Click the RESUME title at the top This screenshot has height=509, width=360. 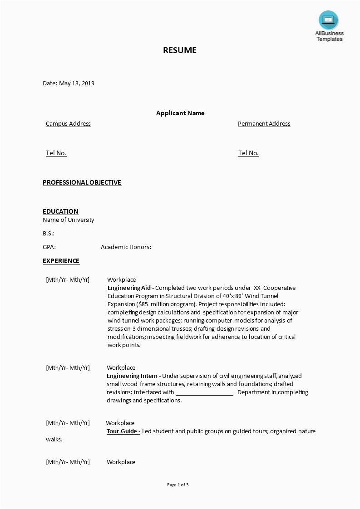click(180, 50)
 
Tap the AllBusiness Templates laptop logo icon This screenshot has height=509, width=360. click(328, 20)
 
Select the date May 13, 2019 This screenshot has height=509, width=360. click(77, 83)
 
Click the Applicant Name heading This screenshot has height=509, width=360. click(180, 113)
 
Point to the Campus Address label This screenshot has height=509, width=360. click(68, 124)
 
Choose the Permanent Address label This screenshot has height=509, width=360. click(264, 124)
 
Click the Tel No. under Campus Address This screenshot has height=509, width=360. click(56, 153)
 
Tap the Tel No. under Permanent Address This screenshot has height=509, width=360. click(248, 153)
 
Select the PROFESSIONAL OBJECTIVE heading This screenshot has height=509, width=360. click(82, 182)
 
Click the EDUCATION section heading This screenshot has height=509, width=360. click(60, 211)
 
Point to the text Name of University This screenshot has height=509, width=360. click(69, 220)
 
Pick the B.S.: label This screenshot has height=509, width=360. click(49, 233)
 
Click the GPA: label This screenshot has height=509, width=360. click(49, 247)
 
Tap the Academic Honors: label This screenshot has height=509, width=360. click(126, 247)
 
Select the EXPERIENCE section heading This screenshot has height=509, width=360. click(61, 261)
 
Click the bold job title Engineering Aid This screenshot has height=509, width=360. click(129, 288)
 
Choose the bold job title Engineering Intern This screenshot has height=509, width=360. click(132, 376)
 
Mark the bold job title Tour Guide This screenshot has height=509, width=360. click(123, 431)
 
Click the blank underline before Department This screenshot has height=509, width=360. click(204, 393)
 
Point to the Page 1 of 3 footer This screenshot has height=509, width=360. click(178, 485)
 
